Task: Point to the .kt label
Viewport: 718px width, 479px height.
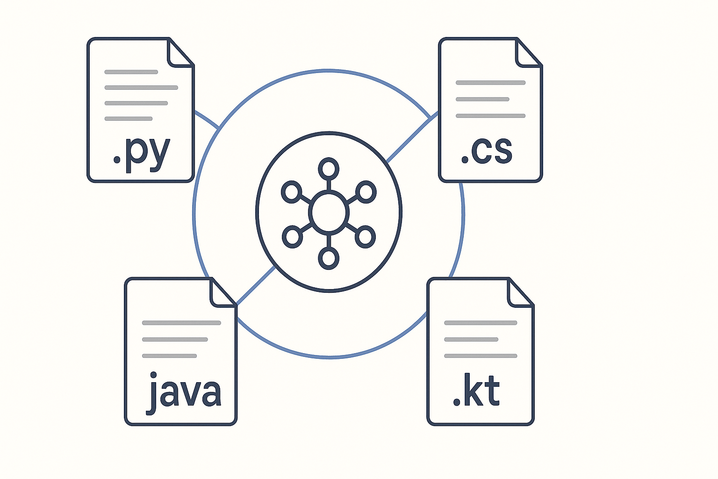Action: coord(477,391)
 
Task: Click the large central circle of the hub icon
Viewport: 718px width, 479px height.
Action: coord(329,212)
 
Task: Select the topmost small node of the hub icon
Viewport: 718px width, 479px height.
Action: coord(329,168)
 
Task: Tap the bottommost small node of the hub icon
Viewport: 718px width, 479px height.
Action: coord(329,258)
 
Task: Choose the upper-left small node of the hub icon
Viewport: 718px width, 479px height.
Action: coord(291,191)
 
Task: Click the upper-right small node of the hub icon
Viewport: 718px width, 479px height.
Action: coord(366,191)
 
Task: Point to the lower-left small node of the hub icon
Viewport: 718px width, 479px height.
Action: coord(292,237)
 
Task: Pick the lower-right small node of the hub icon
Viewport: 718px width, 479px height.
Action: coord(366,237)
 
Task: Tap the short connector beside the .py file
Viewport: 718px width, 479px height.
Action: coord(206,119)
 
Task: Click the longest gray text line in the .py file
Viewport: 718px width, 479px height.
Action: coord(141,87)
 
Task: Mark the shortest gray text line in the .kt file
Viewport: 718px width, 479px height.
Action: coord(471,339)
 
